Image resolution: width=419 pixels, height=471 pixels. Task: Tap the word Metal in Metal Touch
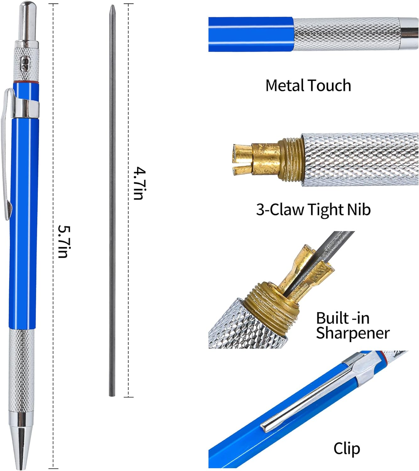tap(284, 85)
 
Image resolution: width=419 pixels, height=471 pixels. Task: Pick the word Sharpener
tap(353, 333)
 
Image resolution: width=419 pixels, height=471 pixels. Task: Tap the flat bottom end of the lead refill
tap(112, 396)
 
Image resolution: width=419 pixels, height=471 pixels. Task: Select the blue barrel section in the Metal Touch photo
tap(252, 34)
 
